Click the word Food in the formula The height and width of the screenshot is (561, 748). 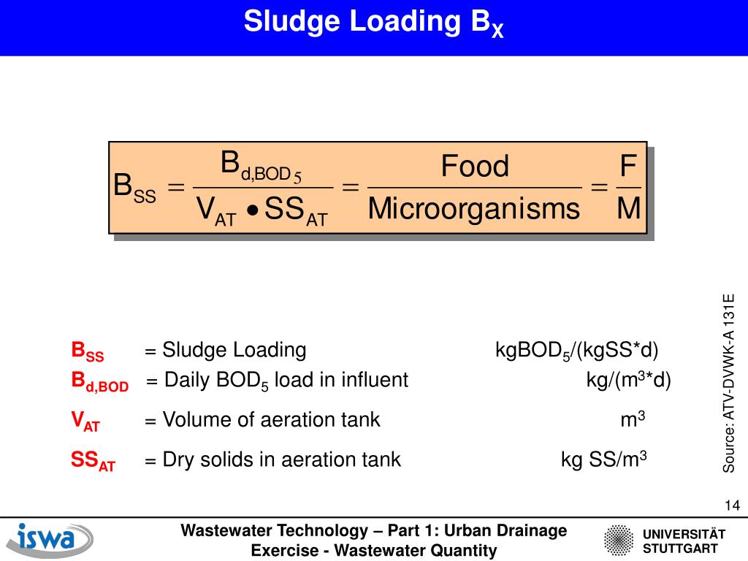pyautogui.click(x=475, y=167)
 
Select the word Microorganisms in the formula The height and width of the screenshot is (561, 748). pyautogui.click(x=473, y=209)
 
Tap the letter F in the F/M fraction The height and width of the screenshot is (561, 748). pyautogui.click(x=627, y=166)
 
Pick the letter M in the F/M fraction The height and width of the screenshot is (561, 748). pyautogui.click(x=628, y=209)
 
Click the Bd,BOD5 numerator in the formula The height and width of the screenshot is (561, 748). pyautogui.click(x=261, y=165)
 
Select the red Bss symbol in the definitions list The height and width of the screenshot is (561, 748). pyautogui.click(x=87, y=351)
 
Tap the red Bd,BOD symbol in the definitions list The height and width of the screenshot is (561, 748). pyautogui.click(x=99, y=382)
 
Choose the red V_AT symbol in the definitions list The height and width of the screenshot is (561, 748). pyautogui.click(x=85, y=421)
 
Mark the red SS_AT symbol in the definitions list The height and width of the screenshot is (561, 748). pyautogui.click(x=93, y=461)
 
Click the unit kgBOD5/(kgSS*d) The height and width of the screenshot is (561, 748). pyautogui.click(x=576, y=351)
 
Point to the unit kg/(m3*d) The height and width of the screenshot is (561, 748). pyautogui.click(x=628, y=381)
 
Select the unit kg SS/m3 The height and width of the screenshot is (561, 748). pyautogui.click(x=604, y=460)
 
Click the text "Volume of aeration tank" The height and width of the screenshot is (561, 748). pyautogui.click(x=271, y=420)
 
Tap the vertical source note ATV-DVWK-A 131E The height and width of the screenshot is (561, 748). pyautogui.click(x=728, y=383)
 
